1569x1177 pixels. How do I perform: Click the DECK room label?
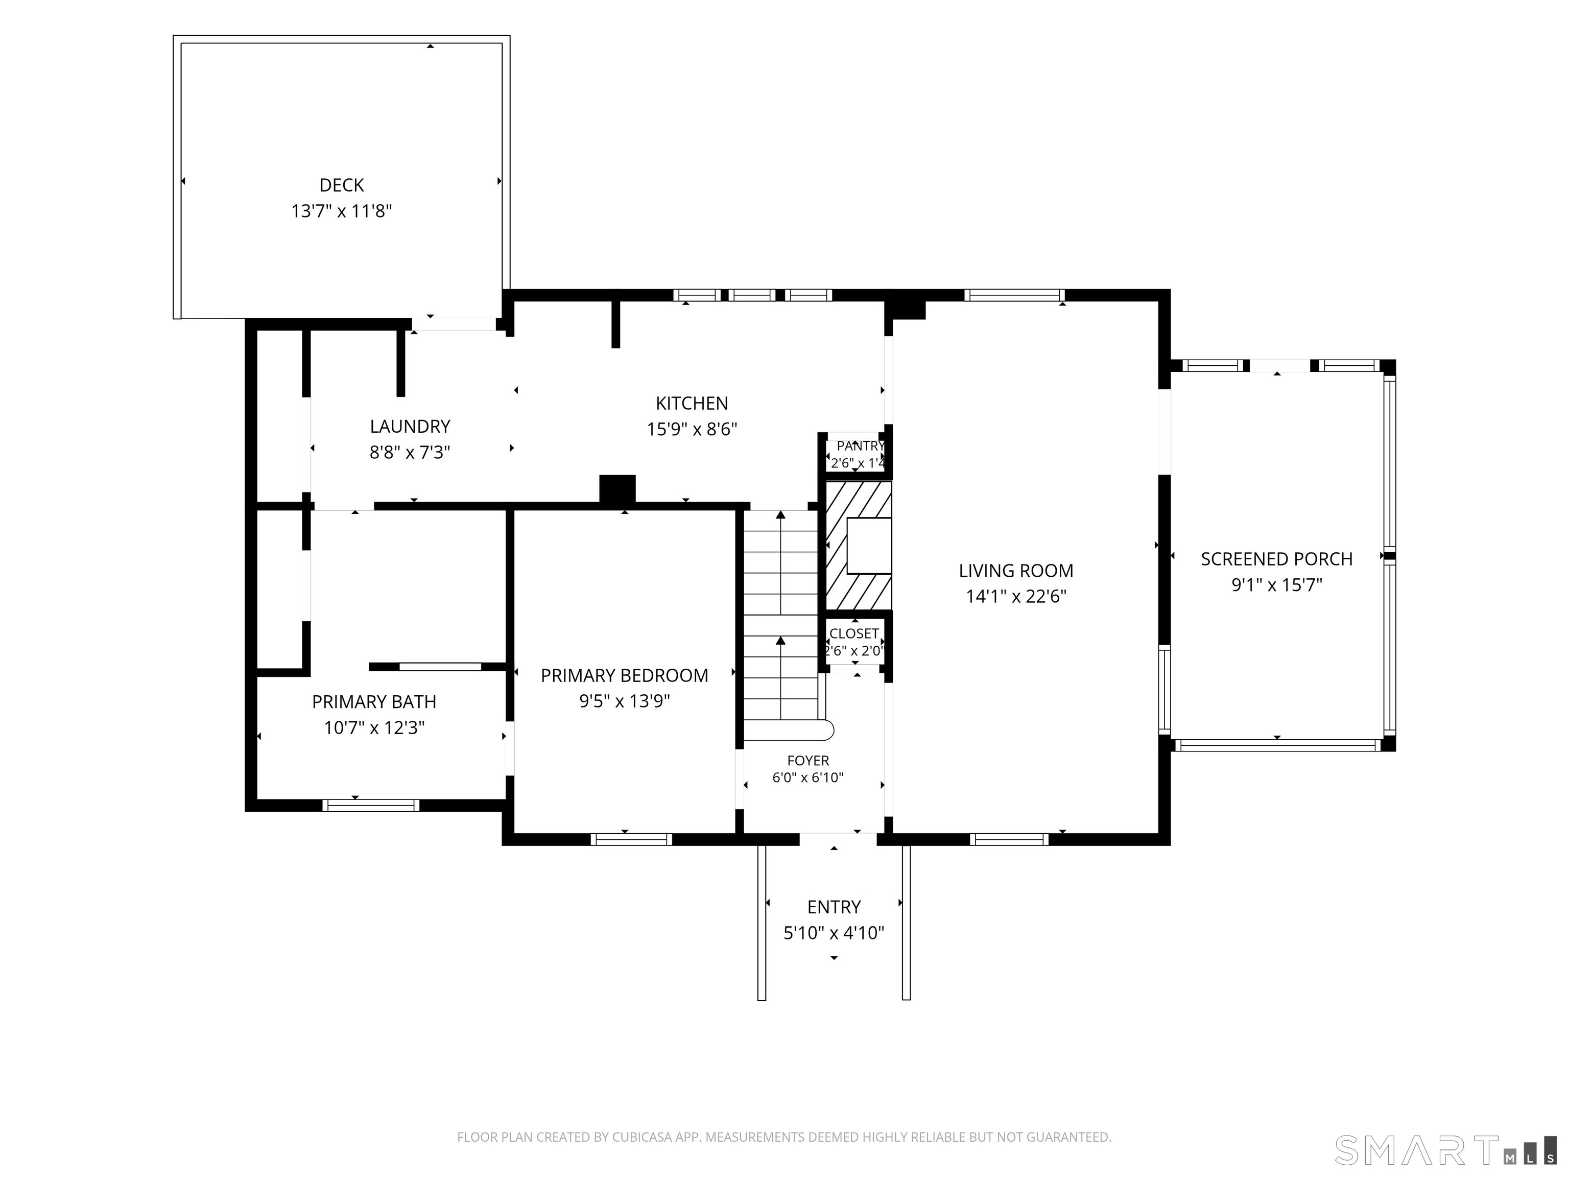pyautogui.click(x=341, y=185)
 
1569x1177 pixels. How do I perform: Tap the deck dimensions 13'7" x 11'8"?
pyautogui.click(x=341, y=211)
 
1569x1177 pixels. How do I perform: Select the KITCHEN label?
pyautogui.click(x=692, y=404)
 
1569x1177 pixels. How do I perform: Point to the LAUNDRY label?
pyautogui.click(x=410, y=427)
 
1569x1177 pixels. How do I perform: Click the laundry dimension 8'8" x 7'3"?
pyautogui.click(x=410, y=453)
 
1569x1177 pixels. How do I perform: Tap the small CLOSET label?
pyautogui.click(x=854, y=633)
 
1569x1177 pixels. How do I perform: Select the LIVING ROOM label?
pyautogui.click(x=1016, y=571)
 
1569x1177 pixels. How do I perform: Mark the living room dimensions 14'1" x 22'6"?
pyautogui.click(x=1016, y=597)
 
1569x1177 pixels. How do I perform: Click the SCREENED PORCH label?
pyautogui.click(x=1277, y=559)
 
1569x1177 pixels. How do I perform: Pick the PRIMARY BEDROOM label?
pyautogui.click(x=624, y=675)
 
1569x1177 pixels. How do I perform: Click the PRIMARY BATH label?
pyautogui.click(x=374, y=702)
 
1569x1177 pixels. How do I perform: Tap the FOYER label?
pyautogui.click(x=808, y=761)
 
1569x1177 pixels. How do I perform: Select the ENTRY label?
pyautogui.click(x=834, y=907)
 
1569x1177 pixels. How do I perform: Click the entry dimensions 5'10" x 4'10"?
pyautogui.click(x=834, y=933)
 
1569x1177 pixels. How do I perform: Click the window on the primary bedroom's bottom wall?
pyautogui.click(x=631, y=839)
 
